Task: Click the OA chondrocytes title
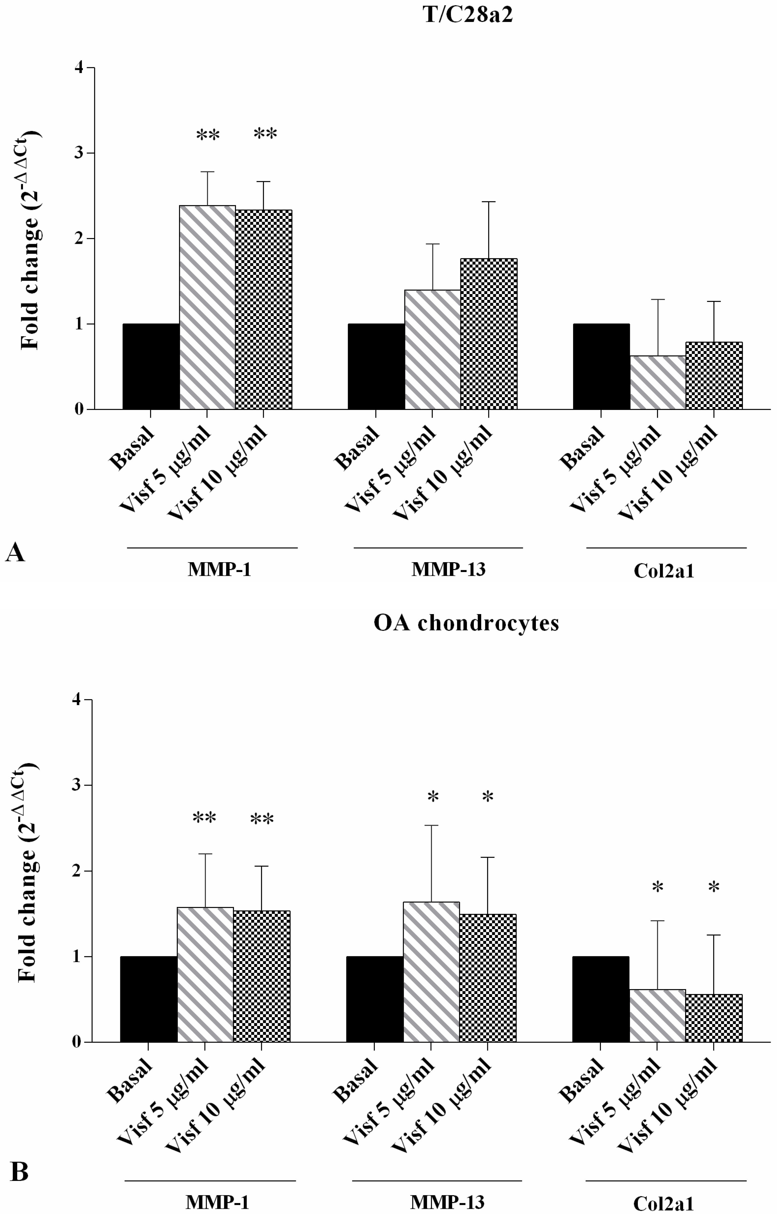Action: tap(466, 623)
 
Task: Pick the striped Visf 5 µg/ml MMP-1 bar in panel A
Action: tap(207, 308)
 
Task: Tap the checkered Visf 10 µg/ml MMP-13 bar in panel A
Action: tap(488, 334)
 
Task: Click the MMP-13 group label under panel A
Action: tap(448, 570)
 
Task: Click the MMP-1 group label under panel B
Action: tap(217, 1203)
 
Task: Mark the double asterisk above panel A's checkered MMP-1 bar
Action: tap(265, 134)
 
